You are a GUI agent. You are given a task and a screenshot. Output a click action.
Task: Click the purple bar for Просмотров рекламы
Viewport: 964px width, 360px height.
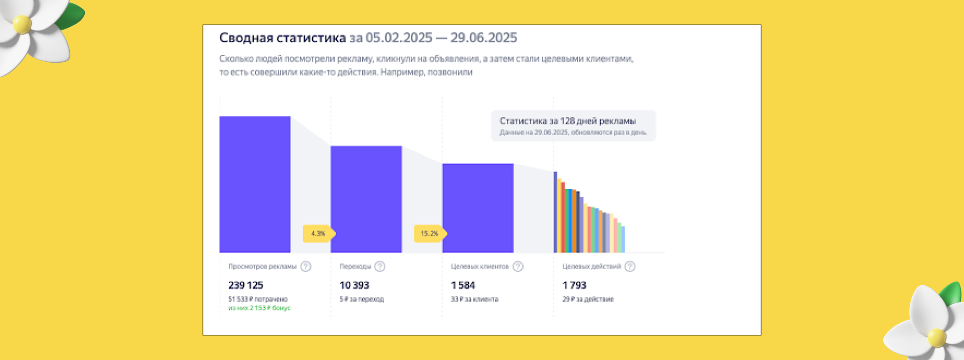point(255,184)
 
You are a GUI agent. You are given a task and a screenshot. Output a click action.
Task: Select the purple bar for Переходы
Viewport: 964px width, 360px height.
point(366,199)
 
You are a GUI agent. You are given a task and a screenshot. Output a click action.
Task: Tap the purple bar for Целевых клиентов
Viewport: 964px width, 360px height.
point(477,208)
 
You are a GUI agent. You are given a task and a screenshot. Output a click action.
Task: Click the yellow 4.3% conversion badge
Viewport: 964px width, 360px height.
point(318,233)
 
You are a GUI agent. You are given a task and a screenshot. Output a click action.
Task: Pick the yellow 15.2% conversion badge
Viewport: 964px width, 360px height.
point(429,233)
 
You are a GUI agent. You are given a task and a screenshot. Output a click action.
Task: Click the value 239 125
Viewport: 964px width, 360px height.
point(246,285)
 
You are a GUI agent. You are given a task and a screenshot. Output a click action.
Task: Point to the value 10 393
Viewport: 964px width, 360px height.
point(354,285)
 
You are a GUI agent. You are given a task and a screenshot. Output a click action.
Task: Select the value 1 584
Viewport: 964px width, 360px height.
point(463,285)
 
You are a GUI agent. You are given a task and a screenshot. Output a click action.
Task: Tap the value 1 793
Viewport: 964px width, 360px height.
point(574,285)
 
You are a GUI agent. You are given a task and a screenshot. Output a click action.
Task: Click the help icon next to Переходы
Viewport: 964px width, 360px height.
point(380,267)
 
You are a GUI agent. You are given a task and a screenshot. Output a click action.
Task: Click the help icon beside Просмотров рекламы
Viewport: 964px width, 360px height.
point(306,267)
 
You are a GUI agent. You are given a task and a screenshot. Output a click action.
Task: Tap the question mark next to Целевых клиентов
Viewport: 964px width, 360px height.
point(518,267)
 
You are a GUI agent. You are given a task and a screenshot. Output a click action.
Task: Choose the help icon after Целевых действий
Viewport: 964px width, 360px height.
point(630,267)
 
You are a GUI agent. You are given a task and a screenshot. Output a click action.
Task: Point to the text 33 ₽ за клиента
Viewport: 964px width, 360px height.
point(474,299)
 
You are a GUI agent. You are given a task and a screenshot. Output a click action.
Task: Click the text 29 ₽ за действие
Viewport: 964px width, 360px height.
point(588,299)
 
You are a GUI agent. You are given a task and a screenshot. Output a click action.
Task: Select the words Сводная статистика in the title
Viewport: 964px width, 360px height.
point(283,38)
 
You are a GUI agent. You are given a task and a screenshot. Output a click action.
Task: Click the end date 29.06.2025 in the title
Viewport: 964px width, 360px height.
point(484,38)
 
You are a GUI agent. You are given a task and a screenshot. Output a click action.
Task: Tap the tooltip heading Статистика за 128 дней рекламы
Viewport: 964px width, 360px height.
point(567,121)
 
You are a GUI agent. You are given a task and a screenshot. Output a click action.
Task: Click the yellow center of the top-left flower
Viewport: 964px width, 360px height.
point(22,24)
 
